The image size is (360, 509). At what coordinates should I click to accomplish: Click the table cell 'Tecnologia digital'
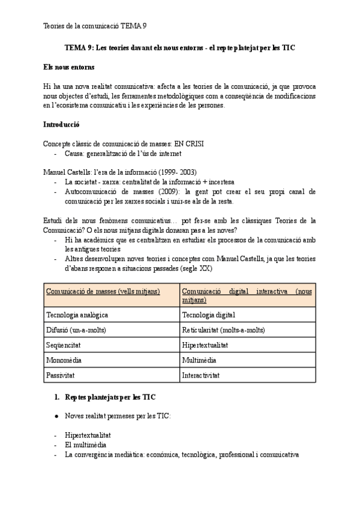coord(208,314)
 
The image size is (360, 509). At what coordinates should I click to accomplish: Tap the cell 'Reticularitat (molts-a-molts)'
coord(223,330)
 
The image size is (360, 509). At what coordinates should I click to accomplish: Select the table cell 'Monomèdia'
coord(64,360)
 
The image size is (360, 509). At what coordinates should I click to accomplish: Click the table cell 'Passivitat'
coord(61,375)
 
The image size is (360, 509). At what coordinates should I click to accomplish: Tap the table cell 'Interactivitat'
coord(201,375)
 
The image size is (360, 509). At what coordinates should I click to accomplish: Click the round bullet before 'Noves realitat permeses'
coord(56,415)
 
